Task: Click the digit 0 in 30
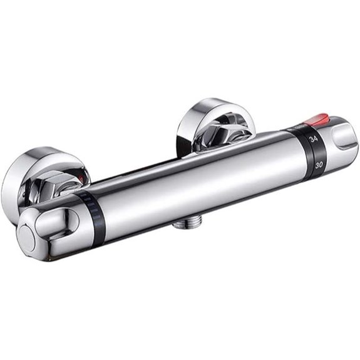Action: [x=321, y=165]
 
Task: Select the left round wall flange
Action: [x=38, y=175]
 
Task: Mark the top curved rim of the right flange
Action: [x=207, y=103]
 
